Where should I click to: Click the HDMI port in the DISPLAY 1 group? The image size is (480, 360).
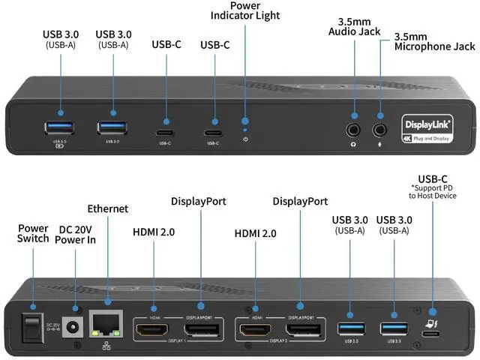154,328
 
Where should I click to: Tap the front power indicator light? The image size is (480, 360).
245,119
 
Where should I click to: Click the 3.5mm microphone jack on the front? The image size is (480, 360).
379,127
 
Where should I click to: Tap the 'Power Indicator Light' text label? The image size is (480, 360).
245,10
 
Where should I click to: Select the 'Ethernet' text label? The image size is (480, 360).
108,208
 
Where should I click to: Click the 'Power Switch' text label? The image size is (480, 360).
33,232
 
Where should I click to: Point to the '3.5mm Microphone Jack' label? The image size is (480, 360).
434,41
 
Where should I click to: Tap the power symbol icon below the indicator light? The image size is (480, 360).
245,139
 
